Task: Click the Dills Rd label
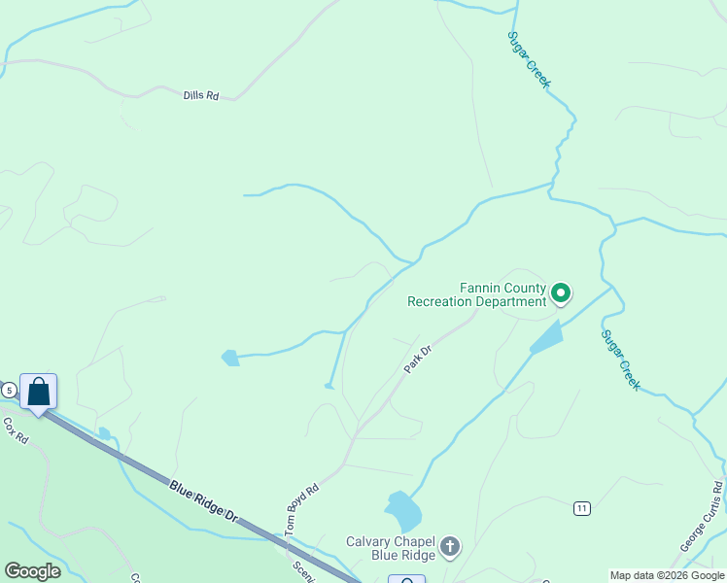tap(201, 95)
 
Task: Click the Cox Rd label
tap(17, 431)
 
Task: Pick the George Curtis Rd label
tap(702, 516)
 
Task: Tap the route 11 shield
tap(582, 508)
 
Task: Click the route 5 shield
tap(9, 390)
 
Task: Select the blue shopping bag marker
tap(38, 393)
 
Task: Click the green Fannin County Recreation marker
tap(561, 291)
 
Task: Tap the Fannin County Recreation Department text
tap(477, 294)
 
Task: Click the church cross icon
tap(449, 547)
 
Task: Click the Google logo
tap(32, 571)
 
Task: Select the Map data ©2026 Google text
tap(667, 575)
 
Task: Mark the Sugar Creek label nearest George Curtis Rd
tap(620, 360)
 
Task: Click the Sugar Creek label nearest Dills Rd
tap(529, 58)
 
